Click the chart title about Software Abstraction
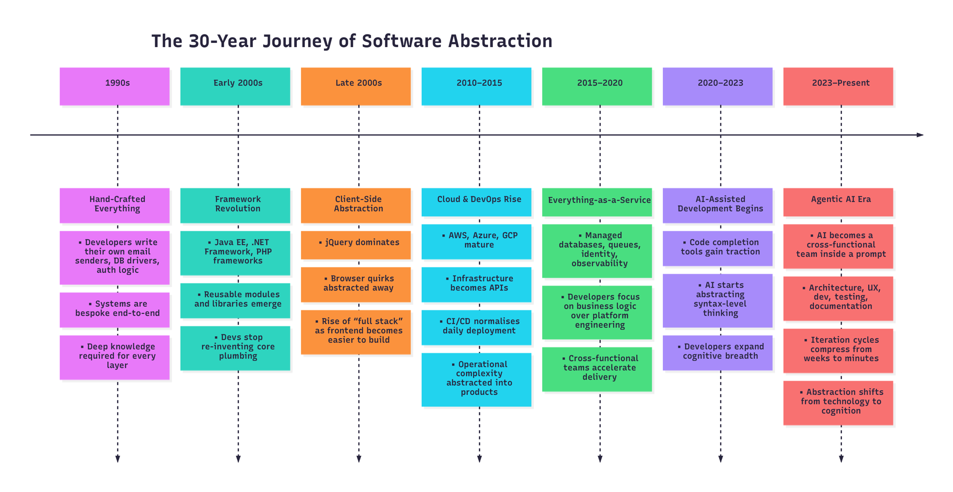[x=352, y=41]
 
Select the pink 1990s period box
[x=114, y=86]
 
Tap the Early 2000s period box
[x=235, y=86]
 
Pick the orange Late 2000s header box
[x=355, y=86]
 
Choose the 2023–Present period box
[x=838, y=86]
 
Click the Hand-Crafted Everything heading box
[x=114, y=205]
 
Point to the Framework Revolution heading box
[x=235, y=205]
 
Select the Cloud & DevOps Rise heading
[x=476, y=201]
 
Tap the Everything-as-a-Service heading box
[x=597, y=201]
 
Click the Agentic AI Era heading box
[x=838, y=201]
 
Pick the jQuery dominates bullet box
[x=355, y=245]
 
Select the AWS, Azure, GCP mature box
[x=476, y=241]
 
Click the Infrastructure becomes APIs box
[x=476, y=284]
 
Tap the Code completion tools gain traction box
[x=718, y=248]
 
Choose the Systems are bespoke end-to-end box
[x=114, y=310]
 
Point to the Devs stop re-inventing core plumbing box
[x=235, y=348]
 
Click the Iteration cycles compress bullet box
[x=838, y=351]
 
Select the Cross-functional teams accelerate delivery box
[x=597, y=369]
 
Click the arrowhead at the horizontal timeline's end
[x=920, y=135]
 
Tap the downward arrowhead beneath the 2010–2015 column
[x=479, y=459]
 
